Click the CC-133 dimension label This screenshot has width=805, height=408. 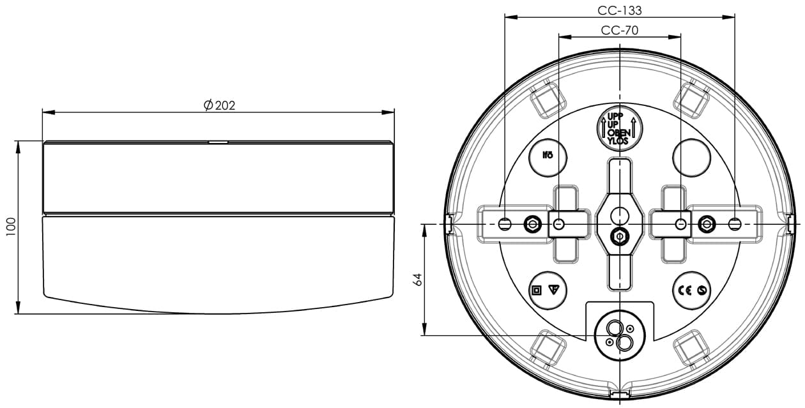coord(620,11)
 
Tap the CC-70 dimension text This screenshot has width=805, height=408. coord(620,31)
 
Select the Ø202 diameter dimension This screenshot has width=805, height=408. coord(219,105)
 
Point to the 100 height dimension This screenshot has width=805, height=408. coord(11,227)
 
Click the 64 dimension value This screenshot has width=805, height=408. coord(418,280)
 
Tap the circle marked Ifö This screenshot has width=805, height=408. coord(548,157)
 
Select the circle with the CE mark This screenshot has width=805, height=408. coord(692,290)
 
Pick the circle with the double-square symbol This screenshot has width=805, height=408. coord(548,290)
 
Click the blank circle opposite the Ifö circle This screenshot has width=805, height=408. coord(692,157)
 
